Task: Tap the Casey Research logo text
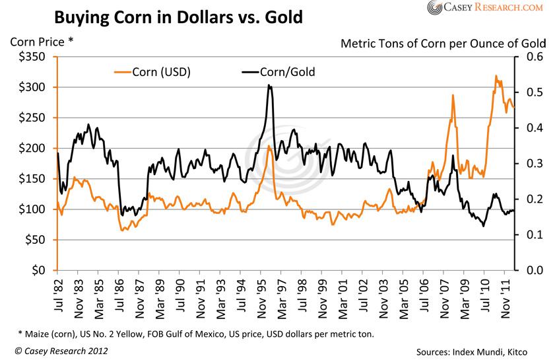[x=484, y=7]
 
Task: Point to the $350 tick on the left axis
[x=32, y=57]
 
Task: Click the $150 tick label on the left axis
[x=32, y=179]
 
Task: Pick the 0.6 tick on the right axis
[x=533, y=57]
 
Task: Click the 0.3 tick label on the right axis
[x=533, y=164]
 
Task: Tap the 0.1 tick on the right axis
[x=533, y=235]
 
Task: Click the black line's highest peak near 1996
[x=269, y=85]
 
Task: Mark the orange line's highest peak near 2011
[x=496, y=76]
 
